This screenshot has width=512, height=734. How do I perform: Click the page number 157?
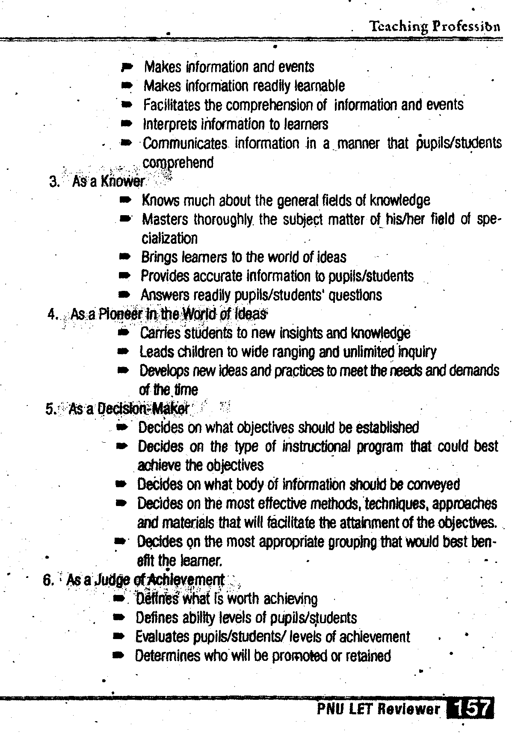470,710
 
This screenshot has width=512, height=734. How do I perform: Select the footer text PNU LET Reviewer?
378,710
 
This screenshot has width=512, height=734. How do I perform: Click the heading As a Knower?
109,182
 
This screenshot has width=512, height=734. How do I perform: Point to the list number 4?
52,314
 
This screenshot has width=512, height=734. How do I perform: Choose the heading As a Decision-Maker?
128,409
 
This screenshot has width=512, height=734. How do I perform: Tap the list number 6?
48,580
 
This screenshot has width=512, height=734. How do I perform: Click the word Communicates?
185,144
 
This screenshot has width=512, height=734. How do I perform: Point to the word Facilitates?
173,105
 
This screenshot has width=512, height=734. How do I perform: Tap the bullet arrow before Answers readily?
124,295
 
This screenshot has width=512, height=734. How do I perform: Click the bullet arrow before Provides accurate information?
124,276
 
